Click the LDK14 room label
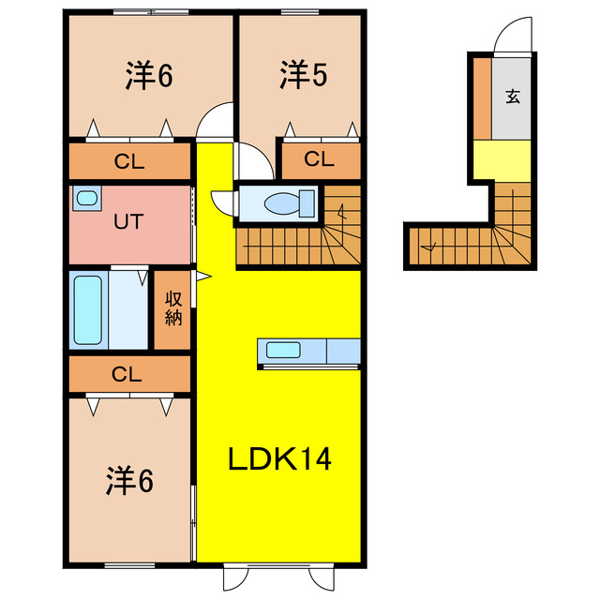click(x=279, y=459)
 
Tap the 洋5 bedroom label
click(x=304, y=75)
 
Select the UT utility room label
click(x=128, y=221)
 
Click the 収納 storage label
click(x=173, y=308)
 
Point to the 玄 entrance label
click(x=513, y=97)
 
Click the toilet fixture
click(x=290, y=203)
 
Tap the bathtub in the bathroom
click(x=88, y=310)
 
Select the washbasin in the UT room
click(x=87, y=198)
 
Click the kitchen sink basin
click(x=283, y=351)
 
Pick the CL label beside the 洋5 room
click(x=319, y=158)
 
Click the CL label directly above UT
click(x=129, y=161)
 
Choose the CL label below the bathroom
click(x=127, y=374)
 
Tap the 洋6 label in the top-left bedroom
click(x=149, y=75)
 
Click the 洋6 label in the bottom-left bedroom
click(x=129, y=480)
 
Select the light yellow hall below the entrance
click(x=502, y=160)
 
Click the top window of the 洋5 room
click(x=300, y=12)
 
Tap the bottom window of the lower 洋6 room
click(x=129, y=565)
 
